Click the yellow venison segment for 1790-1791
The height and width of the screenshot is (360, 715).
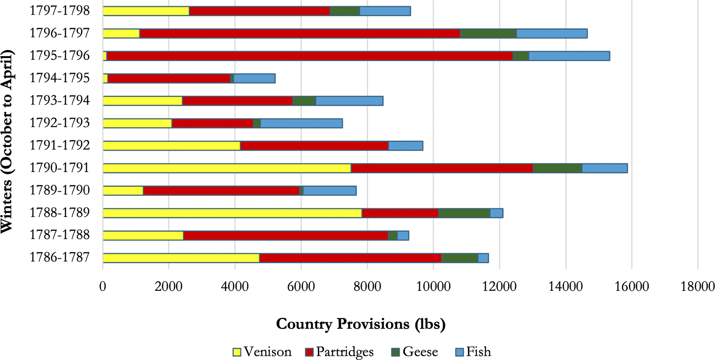pyautogui.click(x=227, y=168)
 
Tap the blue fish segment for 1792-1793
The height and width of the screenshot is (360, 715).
pyautogui.click(x=301, y=123)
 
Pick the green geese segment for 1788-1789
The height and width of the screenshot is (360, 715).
pyautogui.click(x=464, y=213)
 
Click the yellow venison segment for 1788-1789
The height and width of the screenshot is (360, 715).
pyautogui.click(x=232, y=213)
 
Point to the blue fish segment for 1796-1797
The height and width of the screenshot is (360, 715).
pyautogui.click(x=552, y=33)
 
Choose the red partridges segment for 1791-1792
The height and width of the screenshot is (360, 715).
pyautogui.click(x=314, y=146)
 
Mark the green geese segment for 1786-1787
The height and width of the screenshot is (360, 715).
pyautogui.click(x=460, y=258)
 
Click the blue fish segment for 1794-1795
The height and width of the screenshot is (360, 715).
pyautogui.click(x=255, y=78)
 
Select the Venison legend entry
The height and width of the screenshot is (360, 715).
pyautogui.click(x=262, y=352)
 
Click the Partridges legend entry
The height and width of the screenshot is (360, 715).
pyautogui.click(x=339, y=352)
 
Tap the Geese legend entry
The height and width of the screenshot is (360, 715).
pyautogui.click(x=415, y=352)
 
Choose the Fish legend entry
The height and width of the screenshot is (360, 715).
pyautogui.click(x=473, y=352)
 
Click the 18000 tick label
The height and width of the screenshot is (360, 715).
pyautogui.click(x=698, y=287)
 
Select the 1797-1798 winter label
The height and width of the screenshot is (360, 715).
pyautogui.click(x=60, y=11)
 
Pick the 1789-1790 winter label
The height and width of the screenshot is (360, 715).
pyautogui.click(x=60, y=191)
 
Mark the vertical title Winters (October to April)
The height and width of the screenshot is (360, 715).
pyautogui.click(x=7, y=141)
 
